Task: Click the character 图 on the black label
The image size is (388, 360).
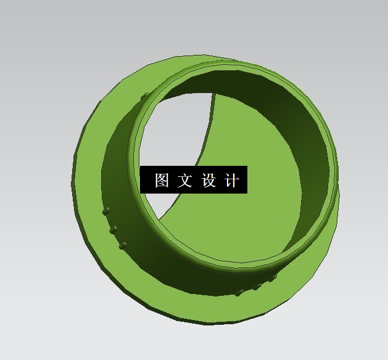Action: coord(162,180)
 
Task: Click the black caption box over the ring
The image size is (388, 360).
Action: coord(194,179)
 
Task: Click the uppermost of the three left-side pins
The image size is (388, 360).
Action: coord(107,211)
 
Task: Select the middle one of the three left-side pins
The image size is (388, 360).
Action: coord(114,229)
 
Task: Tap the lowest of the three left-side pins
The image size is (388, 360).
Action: coord(123,246)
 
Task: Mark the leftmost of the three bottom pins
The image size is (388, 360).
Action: coord(239,293)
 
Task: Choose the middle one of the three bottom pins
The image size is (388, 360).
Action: coord(256,287)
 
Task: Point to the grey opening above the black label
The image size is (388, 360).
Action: coord(176,129)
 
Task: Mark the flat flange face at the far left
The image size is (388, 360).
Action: coord(86,185)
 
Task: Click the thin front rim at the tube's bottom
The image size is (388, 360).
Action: coord(234,266)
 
